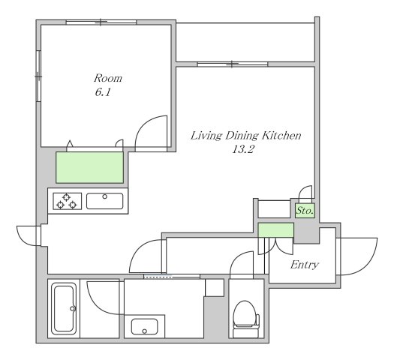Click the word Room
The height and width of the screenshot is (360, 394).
click(108, 78)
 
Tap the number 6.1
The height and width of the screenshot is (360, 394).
click(103, 92)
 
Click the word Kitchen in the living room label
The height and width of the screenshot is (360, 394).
click(281, 136)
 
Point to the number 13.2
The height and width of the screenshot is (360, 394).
click(242, 149)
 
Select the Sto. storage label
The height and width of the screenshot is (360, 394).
click(305, 211)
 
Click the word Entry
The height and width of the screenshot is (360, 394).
click(305, 265)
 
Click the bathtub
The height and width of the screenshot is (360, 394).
click(64, 308)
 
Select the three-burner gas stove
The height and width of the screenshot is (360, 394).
click(67, 201)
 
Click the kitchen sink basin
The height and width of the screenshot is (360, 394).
click(105, 201)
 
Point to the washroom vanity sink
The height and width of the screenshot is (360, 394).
click(145, 326)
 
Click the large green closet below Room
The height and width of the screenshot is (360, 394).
click(90, 167)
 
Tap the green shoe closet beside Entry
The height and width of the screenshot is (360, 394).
click(276, 230)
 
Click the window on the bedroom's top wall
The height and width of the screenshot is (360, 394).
click(101, 22)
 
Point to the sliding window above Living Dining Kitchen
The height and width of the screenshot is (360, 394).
click(233, 64)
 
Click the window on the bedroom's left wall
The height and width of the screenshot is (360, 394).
click(38, 76)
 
